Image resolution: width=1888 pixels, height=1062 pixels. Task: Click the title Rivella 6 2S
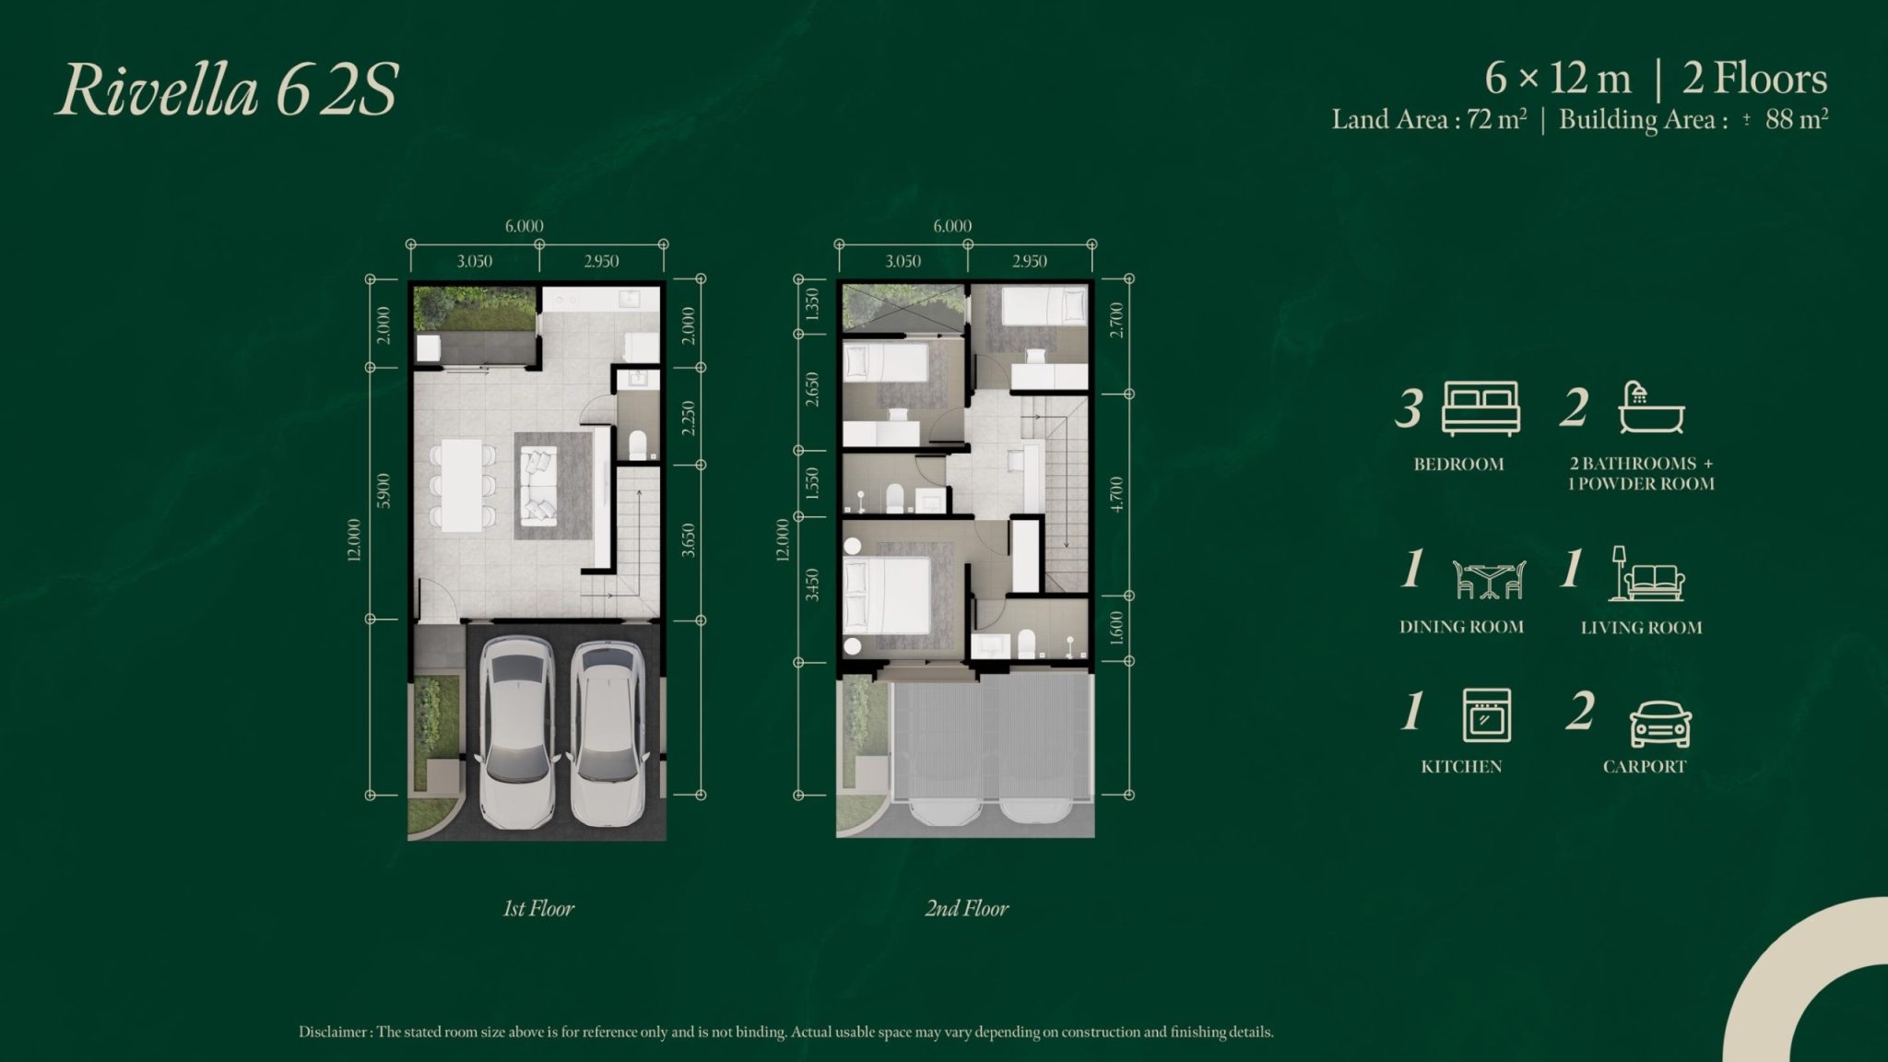227,91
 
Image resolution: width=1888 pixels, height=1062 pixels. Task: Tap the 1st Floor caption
538,909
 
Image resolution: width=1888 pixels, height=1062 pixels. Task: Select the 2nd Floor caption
967,909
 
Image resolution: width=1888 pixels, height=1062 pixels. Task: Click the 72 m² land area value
1496,119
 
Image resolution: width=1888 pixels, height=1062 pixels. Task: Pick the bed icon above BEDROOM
1481,408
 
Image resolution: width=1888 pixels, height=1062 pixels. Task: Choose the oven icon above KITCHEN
1486,715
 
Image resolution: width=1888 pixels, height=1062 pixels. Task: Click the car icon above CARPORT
1660,725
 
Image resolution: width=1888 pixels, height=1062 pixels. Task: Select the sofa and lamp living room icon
1649,573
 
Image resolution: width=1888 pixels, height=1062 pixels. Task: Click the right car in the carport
606,732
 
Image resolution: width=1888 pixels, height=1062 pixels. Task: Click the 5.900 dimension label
384,490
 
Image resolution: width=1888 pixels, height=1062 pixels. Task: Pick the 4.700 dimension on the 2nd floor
1116,494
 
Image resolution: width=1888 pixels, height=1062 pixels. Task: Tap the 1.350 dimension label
811,303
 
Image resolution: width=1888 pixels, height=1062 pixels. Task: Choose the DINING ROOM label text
1461,627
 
